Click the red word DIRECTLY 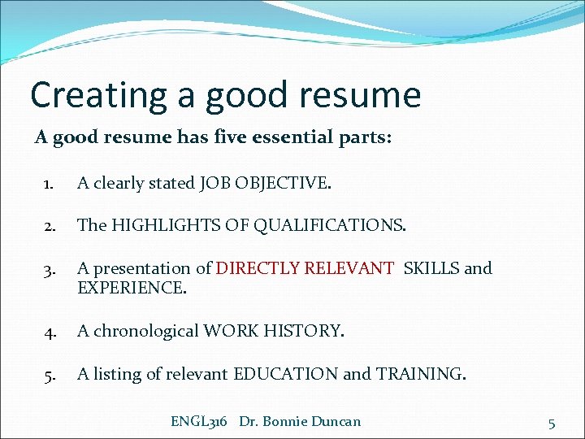point(257,268)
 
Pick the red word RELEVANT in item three point(351,268)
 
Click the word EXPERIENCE point(130,287)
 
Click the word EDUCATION point(285,374)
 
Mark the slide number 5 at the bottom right point(552,423)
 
